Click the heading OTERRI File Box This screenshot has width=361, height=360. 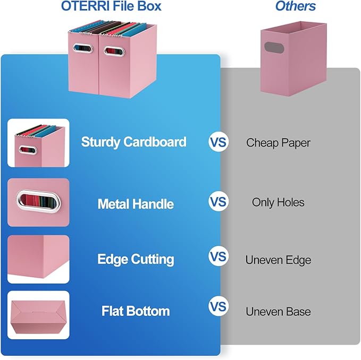pos(111,7)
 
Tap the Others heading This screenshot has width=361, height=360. pos(295,7)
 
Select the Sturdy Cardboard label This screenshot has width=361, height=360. pos(133,142)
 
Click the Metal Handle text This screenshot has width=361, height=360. pos(136,204)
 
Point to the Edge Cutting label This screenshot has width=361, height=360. pos(136,259)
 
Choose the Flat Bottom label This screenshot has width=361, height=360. pos(136,311)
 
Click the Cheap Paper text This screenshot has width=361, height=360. pos(278,142)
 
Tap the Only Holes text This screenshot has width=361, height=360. pos(278,202)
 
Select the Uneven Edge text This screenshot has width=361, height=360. pos(278,260)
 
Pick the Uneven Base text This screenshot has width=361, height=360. pos(278,312)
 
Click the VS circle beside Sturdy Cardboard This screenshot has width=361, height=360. pos(218,142)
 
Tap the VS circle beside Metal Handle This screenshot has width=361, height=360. pos(218,202)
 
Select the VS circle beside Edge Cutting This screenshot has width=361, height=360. pos(218,258)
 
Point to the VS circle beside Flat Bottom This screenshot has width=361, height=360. pos(218,307)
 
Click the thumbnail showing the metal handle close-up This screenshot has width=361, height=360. pos(38,202)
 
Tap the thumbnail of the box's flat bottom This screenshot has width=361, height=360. pos(38,316)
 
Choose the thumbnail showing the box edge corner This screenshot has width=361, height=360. pos(38,259)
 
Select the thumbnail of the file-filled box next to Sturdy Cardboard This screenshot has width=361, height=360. pos(38,142)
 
